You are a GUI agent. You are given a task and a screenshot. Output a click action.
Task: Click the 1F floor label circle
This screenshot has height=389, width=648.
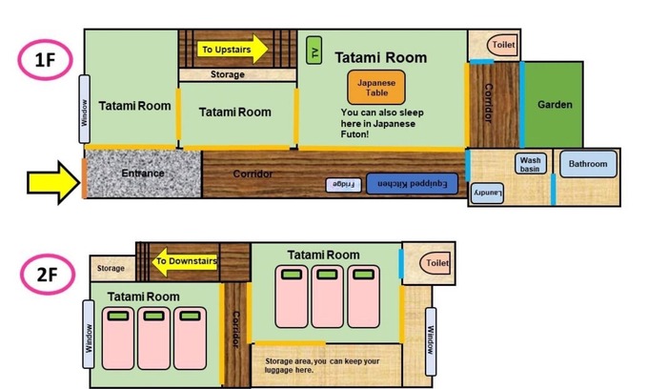tap(44, 61)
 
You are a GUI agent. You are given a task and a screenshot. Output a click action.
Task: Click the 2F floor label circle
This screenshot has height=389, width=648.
tap(45, 276)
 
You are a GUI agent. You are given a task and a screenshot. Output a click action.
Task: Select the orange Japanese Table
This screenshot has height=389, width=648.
tap(376, 89)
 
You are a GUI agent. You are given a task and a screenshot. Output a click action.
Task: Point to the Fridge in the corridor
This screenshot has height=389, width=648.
tap(343, 183)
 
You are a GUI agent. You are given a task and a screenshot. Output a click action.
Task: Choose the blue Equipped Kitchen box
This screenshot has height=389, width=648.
tap(412, 183)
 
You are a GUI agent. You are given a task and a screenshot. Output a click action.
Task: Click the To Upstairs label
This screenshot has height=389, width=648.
tap(225, 49)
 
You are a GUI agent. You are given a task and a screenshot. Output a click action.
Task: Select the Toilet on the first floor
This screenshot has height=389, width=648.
tap(501, 45)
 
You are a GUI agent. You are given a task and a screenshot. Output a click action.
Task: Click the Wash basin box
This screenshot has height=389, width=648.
tap(531, 164)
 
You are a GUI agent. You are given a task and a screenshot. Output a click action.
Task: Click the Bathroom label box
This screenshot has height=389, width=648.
tap(587, 165)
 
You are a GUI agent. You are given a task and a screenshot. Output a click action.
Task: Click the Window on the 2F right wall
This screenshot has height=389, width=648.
tap(430, 333)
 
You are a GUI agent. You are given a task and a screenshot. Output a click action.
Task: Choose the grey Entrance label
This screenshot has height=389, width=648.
tap(143, 174)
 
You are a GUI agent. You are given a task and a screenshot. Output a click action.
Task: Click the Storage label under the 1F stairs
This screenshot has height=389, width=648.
tap(227, 74)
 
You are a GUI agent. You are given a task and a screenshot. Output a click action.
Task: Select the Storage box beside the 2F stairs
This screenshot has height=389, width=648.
tap(111, 269)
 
